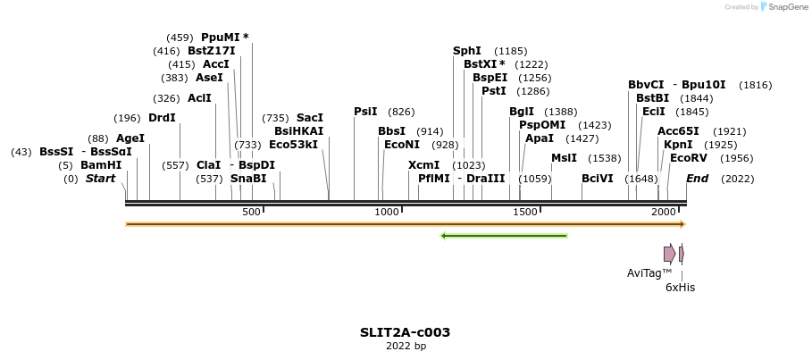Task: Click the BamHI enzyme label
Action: [101, 165]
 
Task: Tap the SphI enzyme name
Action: [467, 51]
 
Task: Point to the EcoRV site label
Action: [688, 158]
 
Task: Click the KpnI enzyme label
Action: [678, 145]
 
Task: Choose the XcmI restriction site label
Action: [423, 165]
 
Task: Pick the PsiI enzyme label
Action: [365, 112]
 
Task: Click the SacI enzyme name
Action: [309, 118]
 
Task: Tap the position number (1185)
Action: [511, 51]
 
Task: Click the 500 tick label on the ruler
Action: [251, 212]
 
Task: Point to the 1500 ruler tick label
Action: [525, 212]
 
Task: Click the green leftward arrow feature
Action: [505, 236]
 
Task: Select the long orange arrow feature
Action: [405, 224]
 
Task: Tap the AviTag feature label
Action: [649, 273]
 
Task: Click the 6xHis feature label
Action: [680, 288]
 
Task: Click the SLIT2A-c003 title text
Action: [405, 332]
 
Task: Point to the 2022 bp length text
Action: [406, 347]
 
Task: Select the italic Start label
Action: [100, 179]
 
